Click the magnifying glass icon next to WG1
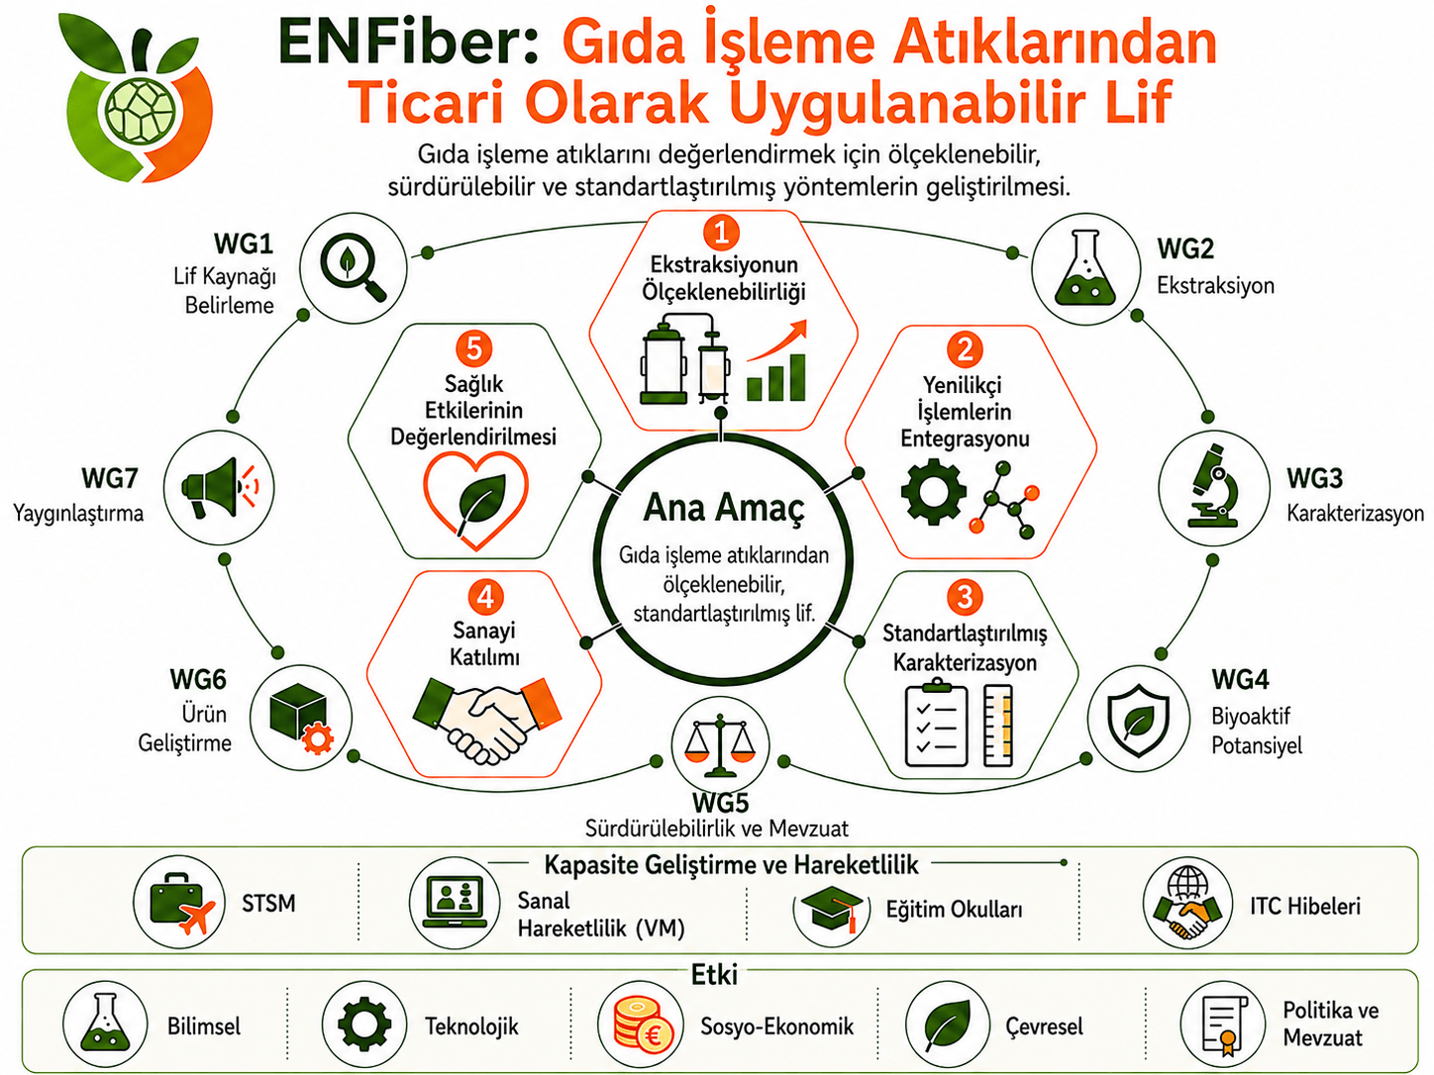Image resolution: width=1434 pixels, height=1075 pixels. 353,267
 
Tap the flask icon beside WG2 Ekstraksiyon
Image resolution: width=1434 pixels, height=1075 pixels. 1085,268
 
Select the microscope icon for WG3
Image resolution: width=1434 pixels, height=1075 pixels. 1214,486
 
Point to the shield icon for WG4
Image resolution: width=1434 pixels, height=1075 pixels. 1138,720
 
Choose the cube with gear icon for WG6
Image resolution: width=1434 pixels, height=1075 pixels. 301,718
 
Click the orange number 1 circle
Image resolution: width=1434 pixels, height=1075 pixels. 721,233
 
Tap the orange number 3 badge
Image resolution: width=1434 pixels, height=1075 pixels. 965,597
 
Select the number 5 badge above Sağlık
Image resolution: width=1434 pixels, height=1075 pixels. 474,347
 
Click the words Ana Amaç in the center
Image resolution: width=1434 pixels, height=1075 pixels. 723,509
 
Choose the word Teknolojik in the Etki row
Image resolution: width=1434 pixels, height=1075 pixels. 471,1026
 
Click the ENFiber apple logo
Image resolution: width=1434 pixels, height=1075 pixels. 136,97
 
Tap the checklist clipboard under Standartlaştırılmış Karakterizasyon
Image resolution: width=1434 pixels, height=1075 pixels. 936,724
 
